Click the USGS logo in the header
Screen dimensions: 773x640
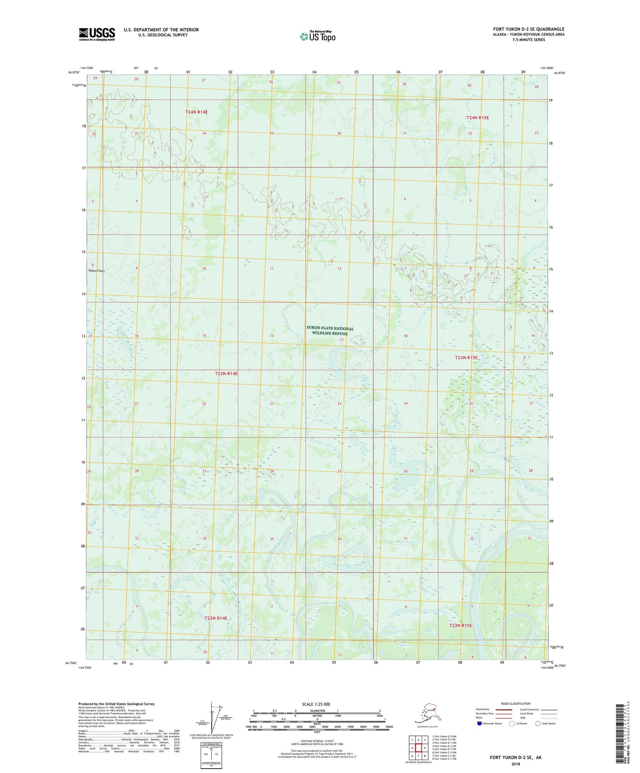point(97,34)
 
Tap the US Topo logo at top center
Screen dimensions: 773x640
point(317,36)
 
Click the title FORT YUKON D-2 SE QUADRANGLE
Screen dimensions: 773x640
point(528,29)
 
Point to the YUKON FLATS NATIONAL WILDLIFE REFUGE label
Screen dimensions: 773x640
point(330,330)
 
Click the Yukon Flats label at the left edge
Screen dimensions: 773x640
point(96,271)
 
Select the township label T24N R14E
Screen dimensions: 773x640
point(196,112)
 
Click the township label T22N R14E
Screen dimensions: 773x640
point(216,618)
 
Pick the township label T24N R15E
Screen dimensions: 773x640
point(477,118)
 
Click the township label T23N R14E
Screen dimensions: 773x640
point(226,374)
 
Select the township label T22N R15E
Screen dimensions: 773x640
point(461,626)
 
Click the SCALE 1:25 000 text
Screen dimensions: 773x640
point(316,704)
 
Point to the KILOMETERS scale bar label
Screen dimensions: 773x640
point(316,711)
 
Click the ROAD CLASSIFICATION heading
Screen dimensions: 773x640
point(515,703)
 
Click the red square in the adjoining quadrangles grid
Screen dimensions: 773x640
point(418,747)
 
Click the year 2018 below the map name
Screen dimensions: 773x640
point(515,764)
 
